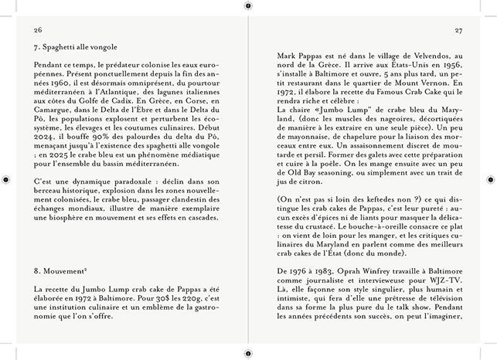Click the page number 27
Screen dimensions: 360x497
(458, 30)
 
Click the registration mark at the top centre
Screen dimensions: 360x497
(247, 5)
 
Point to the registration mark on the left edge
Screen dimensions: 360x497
(6, 179)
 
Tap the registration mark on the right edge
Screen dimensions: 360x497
(490, 179)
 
